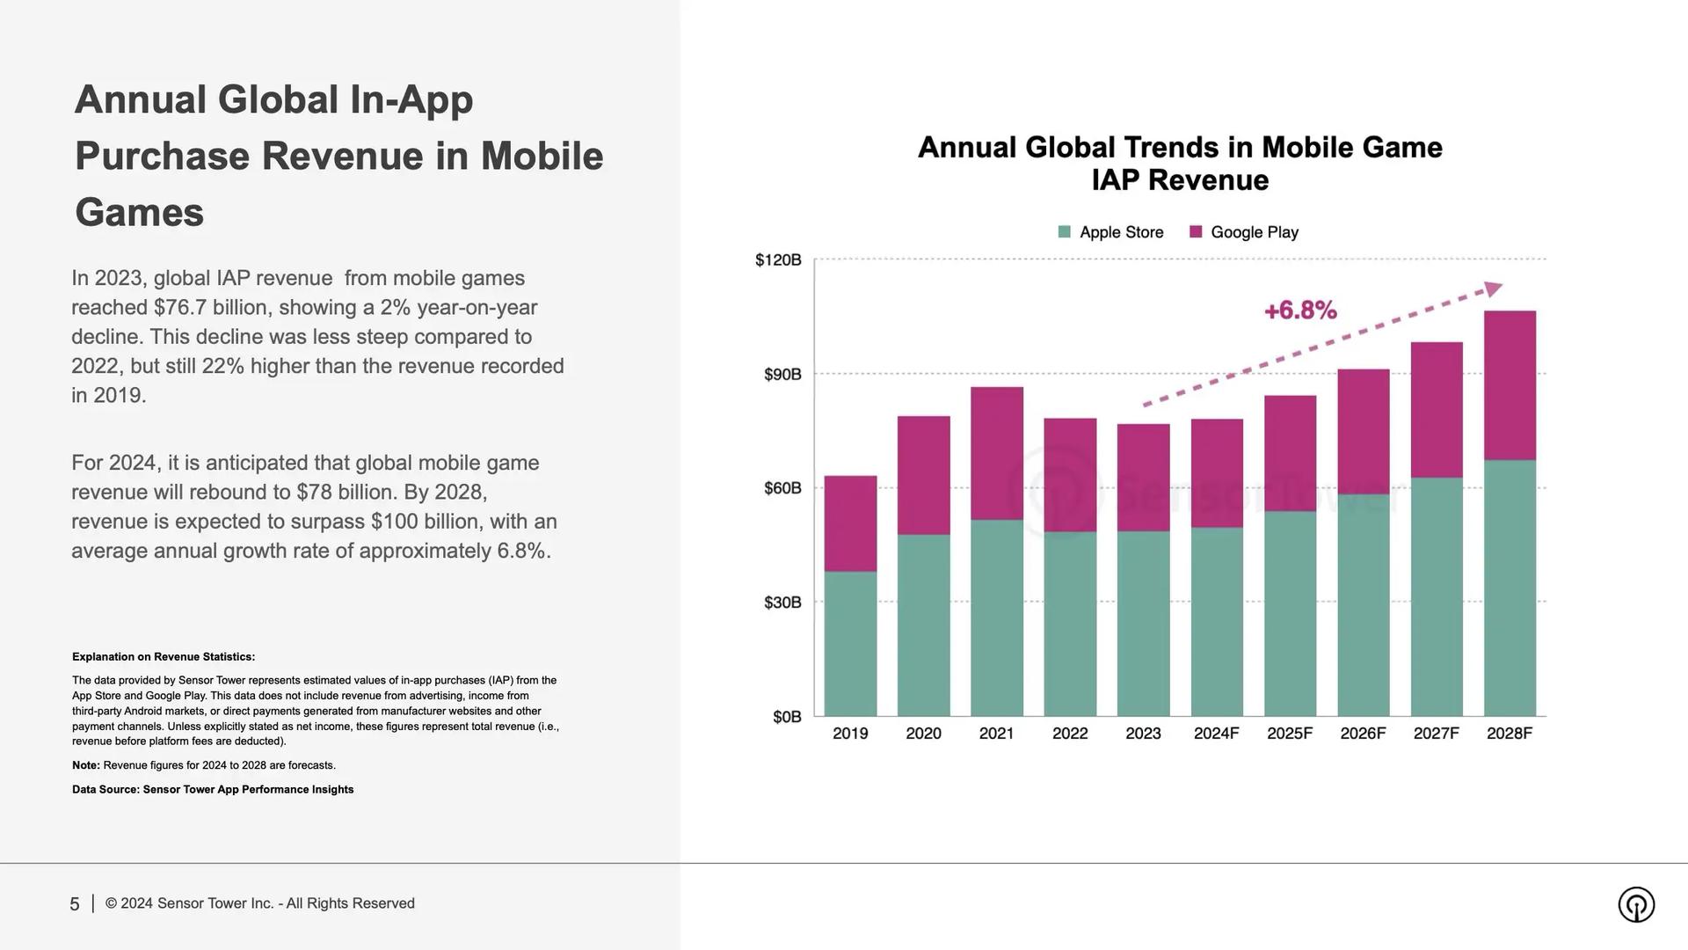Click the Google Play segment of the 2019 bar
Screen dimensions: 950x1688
(x=850, y=523)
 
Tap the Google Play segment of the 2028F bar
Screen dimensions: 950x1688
(x=1510, y=385)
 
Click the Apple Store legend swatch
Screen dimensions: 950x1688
(x=1064, y=232)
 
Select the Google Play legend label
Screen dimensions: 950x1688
(x=1254, y=232)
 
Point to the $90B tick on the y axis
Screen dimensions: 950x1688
(x=782, y=375)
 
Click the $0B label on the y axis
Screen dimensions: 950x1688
(x=787, y=717)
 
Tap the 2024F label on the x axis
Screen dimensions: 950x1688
(x=1216, y=734)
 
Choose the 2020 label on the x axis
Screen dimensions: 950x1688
(x=923, y=734)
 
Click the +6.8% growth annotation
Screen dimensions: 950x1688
(x=1300, y=311)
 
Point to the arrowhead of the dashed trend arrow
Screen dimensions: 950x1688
(x=1493, y=289)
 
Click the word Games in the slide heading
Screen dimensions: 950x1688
(x=139, y=213)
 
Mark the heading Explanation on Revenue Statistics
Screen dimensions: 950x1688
(x=164, y=657)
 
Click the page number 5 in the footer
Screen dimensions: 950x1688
(x=75, y=904)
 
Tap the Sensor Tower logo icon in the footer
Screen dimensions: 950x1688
(x=1635, y=904)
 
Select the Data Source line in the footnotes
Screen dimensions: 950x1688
(x=213, y=790)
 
